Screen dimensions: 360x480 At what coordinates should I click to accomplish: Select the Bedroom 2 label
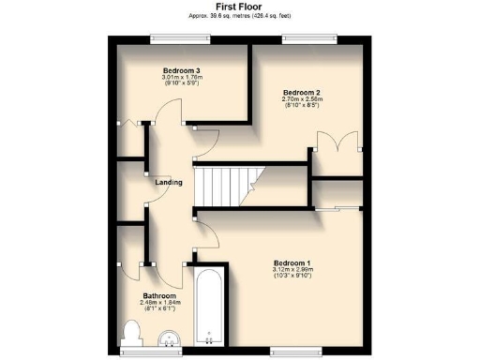pyautogui.click(x=302, y=91)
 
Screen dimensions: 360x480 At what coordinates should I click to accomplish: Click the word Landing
pyautogui.click(x=168, y=182)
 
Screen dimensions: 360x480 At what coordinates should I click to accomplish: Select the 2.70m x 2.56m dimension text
pyautogui.click(x=302, y=98)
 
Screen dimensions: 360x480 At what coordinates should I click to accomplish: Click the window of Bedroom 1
pyautogui.click(x=287, y=352)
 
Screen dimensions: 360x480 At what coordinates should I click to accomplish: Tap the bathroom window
pyautogui.click(x=141, y=352)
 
